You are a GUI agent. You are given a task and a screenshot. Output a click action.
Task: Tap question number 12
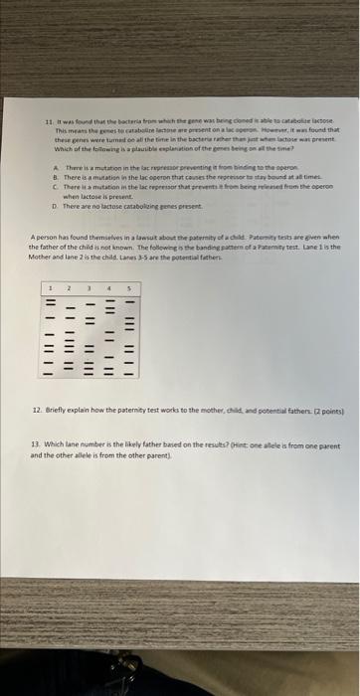37,410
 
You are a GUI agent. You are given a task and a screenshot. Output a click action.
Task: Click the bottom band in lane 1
48,375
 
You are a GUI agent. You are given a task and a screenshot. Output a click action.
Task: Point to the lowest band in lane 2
69,368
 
